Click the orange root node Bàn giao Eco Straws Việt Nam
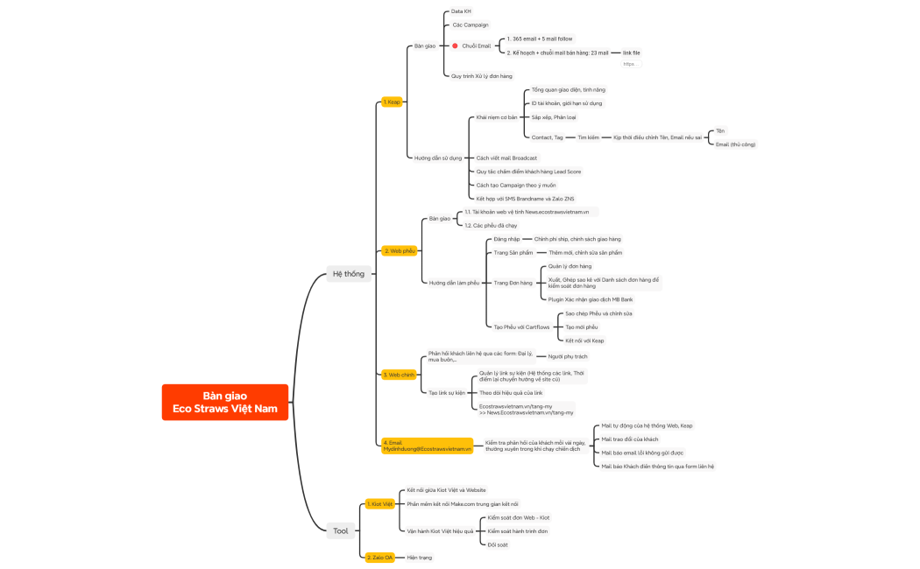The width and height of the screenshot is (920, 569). click(225, 402)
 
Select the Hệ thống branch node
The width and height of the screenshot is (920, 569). click(348, 274)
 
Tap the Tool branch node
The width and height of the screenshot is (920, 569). click(340, 530)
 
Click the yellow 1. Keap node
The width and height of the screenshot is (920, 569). click(392, 102)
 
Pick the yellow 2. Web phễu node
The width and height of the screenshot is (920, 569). click(399, 250)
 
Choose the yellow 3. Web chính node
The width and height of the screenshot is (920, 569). click(399, 375)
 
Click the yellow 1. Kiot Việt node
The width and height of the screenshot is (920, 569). click(380, 504)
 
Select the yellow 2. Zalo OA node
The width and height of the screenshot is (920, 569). click(379, 558)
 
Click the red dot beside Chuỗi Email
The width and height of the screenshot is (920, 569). click(455, 46)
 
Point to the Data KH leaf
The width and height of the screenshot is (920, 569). click(461, 11)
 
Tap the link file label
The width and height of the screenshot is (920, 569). click(631, 53)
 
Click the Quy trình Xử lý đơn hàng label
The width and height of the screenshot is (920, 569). click(481, 76)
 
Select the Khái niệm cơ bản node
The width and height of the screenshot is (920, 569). click(496, 117)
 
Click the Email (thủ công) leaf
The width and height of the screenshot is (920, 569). click(735, 144)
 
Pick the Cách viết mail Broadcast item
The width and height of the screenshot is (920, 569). click(506, 158)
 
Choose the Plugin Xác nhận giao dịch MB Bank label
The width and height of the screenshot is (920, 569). click(590, 299)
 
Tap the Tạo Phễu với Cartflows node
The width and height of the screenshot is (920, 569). click(521, 327)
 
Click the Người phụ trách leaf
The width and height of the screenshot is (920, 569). click(568, 356)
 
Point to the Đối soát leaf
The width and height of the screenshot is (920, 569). click(498, 544)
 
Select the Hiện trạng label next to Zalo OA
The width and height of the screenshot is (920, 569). click(419, 558)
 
